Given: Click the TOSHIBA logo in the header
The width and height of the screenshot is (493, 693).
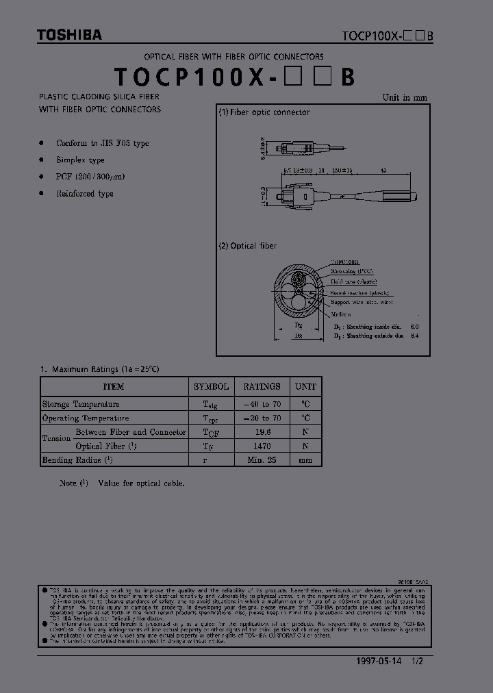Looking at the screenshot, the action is click(69, 35).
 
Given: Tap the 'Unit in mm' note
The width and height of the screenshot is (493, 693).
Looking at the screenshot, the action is click(405, 97).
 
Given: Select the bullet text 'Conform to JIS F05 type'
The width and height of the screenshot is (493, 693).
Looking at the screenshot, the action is click(102, 143).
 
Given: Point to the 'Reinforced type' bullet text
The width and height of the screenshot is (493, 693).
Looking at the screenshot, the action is click(85, 194).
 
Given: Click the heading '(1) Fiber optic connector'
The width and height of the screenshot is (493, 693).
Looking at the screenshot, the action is click(264, 112).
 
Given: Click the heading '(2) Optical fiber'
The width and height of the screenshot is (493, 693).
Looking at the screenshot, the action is click(248, 246).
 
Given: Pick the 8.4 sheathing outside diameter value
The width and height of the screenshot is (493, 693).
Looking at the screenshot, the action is click(414, 336).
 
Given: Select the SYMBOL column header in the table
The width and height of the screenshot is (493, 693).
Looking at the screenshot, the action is click(211, 386).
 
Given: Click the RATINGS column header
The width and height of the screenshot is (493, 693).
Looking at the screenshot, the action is click(261, 386).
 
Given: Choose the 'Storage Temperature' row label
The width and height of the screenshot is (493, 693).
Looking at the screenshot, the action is click(81, 404).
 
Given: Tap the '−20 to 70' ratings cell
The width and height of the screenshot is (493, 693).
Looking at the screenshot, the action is click(262, 418).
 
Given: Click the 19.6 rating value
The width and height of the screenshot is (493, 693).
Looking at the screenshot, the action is click(262, 432).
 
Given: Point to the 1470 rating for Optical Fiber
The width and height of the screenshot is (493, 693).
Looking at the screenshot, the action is click(262, 446).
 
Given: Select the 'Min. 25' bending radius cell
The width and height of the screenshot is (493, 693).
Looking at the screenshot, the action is click(262, 459).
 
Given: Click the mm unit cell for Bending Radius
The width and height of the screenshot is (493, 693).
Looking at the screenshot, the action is click(305, 459).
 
